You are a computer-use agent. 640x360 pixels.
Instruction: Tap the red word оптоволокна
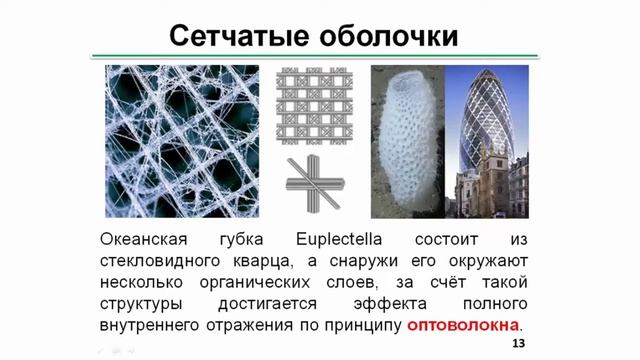point(463,326)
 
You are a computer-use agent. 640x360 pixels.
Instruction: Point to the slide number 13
point(518,344)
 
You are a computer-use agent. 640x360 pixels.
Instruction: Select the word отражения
point(277,326)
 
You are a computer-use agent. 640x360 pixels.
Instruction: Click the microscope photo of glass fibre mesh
point(180,140)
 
